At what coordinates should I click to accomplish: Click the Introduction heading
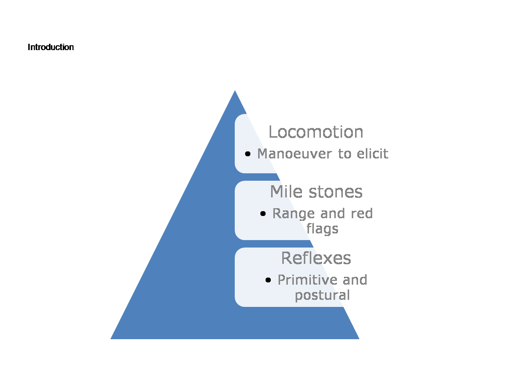[51, 47]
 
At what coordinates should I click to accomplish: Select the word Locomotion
[316, 132]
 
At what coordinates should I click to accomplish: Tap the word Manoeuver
[295, 154]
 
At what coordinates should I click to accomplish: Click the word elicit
[372, 154]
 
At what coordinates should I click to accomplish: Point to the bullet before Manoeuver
[248, 154]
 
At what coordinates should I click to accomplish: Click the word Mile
[286, 191]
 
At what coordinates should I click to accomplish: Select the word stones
[335, 192]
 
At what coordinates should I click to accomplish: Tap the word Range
[293, 214]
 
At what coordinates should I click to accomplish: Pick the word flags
[322, 229]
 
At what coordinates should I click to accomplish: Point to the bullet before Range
[263, 214]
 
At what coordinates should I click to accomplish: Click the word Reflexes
[316, 258]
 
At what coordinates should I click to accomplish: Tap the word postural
[322, 295]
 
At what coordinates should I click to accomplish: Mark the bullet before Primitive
[268, 280]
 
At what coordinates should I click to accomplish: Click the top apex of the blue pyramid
[235, 90]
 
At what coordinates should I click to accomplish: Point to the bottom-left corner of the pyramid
[110, 339]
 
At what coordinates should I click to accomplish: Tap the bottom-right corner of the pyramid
[360, 339]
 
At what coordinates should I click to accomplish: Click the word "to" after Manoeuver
[344, 154]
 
